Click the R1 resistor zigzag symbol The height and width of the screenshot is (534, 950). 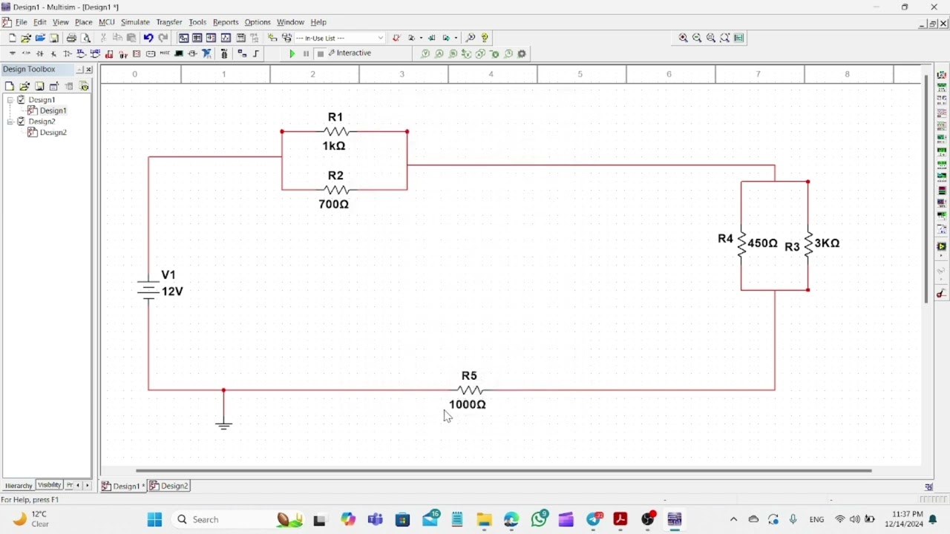[x=336, y=131]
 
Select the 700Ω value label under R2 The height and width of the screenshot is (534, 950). [x=334, y=204]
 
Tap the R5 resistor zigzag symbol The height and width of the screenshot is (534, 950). [x=470, y=390]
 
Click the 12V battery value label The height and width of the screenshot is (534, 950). [x=172, y=291]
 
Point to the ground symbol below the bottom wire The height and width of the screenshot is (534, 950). [x=223, y=425]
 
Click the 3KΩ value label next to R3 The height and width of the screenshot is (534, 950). [x=827, y=243]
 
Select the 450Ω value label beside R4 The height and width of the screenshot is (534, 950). [x=762, y=243]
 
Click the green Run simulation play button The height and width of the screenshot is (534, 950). [x=292, y=54]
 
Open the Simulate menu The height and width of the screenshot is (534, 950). [x=135, y=22]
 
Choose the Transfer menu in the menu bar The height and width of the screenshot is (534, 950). [x=169, y=22]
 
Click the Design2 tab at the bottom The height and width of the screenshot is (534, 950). [x=169, y=486]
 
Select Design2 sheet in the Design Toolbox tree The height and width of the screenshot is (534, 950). [x=53, y=132]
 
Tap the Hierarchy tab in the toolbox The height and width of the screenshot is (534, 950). [x=19, y=486]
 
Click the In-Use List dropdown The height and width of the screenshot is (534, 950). [x=339, y=38]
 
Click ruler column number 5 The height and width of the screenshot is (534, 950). [x=580, y=74]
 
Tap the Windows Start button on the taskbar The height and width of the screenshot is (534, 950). [x=154, y=519]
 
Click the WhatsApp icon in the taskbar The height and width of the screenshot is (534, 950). [x=539, y=519]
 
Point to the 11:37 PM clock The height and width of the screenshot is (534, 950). [x=907, y=515]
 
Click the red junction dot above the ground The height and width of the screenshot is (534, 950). [x=223, y=390]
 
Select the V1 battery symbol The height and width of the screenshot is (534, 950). [x=148, y=290]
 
